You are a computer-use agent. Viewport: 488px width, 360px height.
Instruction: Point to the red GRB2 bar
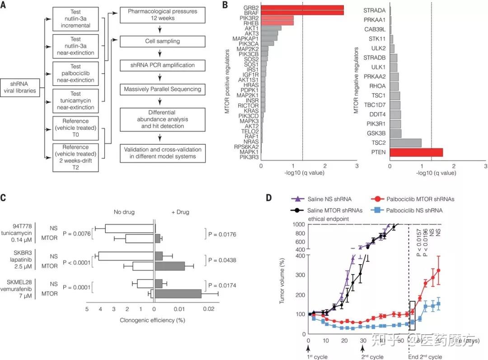click(x=302, y=8)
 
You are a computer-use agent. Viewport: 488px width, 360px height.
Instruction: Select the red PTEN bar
click(x=416, y=152)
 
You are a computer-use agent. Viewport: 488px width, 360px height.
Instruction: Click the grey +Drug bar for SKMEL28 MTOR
click(x=178, y=294)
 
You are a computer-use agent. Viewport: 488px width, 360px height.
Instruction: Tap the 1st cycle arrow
click(x=308, y=348)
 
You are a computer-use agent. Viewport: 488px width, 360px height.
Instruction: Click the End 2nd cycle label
click(x=425, y=356)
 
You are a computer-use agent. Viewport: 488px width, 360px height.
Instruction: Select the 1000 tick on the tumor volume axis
click(x=299, y=225)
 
